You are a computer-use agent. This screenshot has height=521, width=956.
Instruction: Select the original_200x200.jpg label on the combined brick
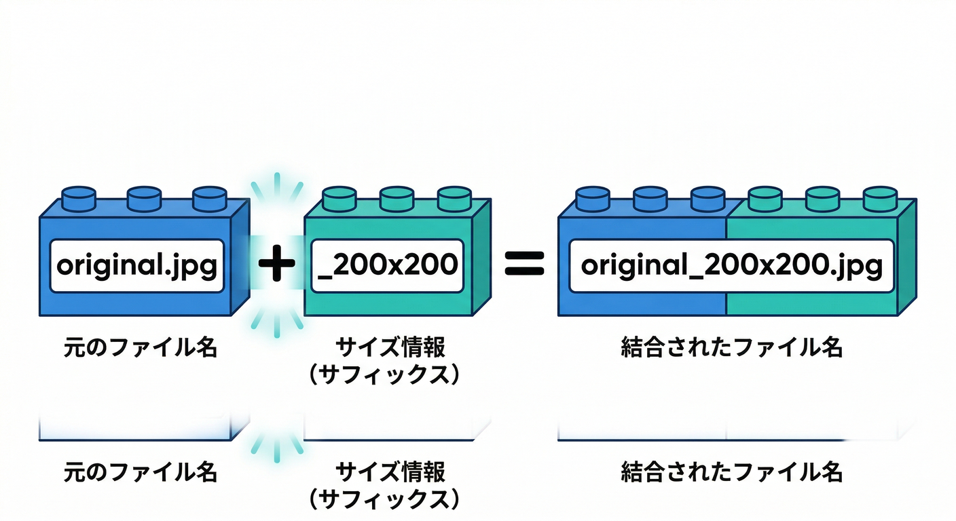coord(731,265)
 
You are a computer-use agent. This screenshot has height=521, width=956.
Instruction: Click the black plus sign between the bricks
coord(277,265)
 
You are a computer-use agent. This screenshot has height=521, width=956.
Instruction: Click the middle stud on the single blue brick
coord(144,198)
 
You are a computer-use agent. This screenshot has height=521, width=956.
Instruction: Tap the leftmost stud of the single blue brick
coord(79,198)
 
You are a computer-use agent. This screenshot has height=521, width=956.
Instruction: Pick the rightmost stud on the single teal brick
coord(454,198)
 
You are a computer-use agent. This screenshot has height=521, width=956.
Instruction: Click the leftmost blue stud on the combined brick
coord(593,198)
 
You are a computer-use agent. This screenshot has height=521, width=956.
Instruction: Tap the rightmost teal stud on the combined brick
coord(880,198)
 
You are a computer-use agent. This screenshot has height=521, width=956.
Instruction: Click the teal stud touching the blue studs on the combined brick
coord(765,198)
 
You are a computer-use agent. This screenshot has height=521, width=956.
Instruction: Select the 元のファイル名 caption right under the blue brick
coord(140,347)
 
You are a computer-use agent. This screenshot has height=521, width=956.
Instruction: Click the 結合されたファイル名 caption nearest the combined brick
coord(731,347)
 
